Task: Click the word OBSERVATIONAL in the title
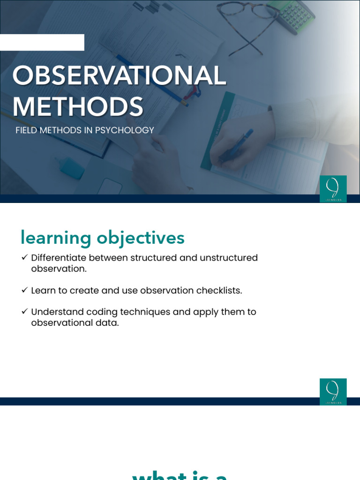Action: tap(119, 76)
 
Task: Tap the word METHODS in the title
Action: tap(78, 107)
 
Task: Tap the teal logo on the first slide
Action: tap(333, 188)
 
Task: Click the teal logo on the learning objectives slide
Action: tap(333, 391)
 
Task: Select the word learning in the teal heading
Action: tap(56, 239)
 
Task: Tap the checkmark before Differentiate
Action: tap(24, 258)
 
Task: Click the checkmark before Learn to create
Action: tap(24, 291)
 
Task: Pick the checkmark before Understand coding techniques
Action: tap(24, 312)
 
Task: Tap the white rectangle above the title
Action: tap(42, 42)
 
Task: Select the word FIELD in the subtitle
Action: tap(26, 130)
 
